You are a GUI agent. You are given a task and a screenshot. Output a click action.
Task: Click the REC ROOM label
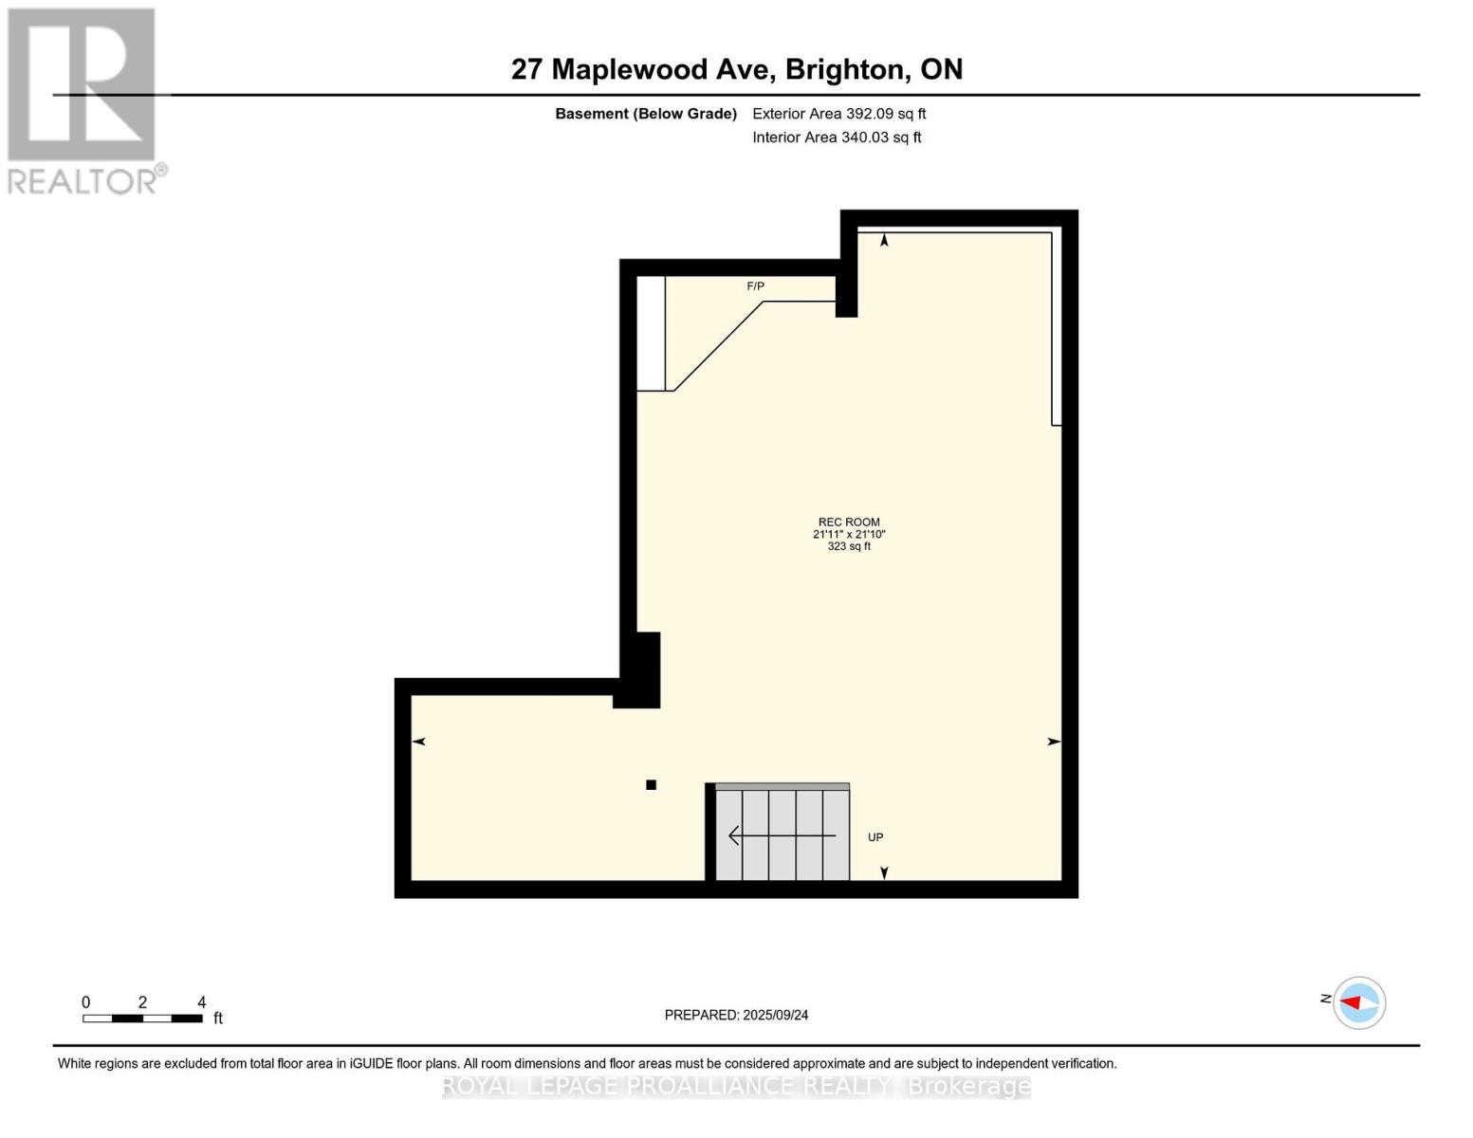pos(849,522)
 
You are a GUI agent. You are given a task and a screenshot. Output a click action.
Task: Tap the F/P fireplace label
pos(755,286)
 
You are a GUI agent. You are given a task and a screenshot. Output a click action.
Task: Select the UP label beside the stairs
pos(875,837)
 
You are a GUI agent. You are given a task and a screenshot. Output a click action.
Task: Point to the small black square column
pos(652,784)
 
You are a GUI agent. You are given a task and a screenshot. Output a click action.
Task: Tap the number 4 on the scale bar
pos(201,1002)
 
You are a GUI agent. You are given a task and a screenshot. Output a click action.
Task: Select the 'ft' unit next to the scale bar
pos(218,1019)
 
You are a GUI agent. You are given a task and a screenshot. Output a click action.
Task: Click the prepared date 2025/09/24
pos(775,1015)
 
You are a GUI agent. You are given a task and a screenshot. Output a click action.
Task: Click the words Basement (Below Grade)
pos(645,114)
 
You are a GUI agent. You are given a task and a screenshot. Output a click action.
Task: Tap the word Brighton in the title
pos(843,69)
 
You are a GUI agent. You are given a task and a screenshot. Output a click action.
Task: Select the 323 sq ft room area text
pos(849,547)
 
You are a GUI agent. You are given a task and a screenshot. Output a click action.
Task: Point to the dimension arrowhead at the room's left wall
pos(418,742)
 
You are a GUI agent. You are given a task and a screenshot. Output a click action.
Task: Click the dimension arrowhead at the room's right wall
pos(1054,742)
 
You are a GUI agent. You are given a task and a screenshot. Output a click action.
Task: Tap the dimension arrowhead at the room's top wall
pos(884,240)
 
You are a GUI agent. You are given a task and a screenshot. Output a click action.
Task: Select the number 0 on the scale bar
pos(85,1002)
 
